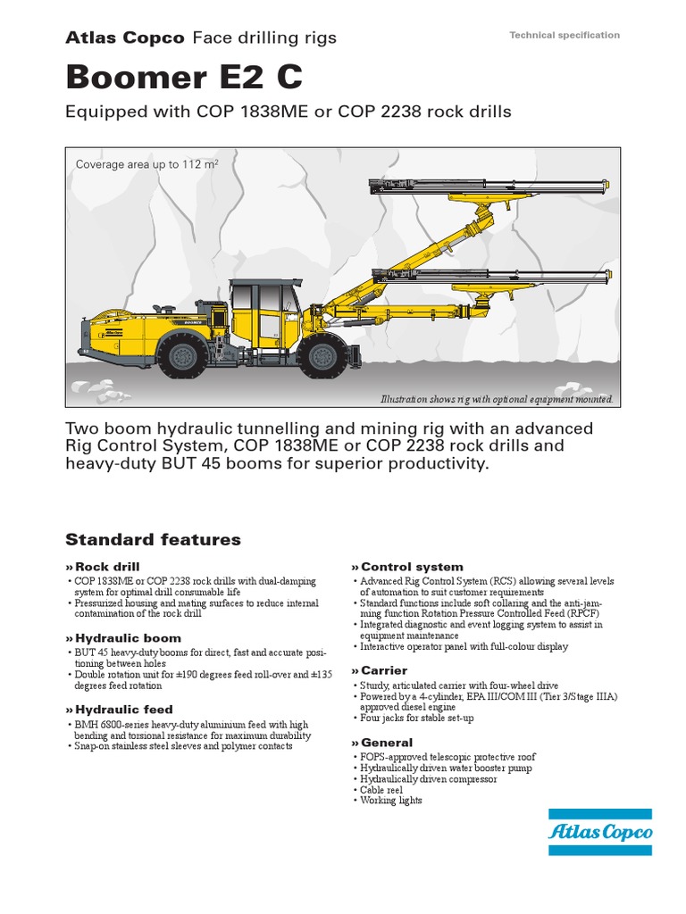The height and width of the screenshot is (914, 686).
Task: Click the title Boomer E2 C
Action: point(184,79)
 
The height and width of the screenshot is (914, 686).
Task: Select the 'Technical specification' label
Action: point(564,35)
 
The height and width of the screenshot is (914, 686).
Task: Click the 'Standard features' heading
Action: point(153,539)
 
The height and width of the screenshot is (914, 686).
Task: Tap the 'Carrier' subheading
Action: point(383,670)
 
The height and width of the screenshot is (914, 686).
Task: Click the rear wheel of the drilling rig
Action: point(183,356)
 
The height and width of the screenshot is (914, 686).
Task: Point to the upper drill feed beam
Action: point(487,187)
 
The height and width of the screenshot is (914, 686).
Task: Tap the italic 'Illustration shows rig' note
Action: point(497,399)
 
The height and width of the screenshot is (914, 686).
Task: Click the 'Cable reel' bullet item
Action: point(381,790)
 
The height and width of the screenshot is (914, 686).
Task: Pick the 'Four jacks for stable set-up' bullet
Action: point(417,718)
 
